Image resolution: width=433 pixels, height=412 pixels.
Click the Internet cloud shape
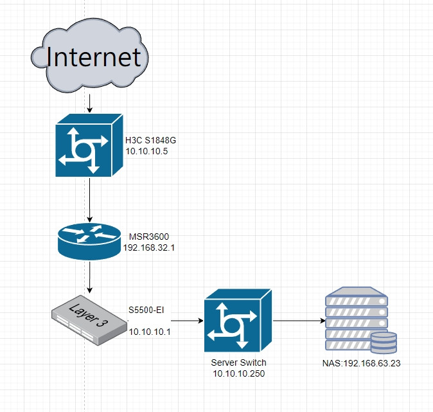89,55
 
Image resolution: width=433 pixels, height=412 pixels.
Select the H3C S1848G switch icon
89,145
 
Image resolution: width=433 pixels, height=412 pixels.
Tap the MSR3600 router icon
89,241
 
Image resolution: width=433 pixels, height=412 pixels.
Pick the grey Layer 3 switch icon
89,320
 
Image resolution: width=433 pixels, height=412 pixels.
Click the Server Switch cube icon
238,321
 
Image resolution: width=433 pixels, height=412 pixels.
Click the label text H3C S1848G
150,140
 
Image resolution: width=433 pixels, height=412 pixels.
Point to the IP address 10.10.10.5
146,152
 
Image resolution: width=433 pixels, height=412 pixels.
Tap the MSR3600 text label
149,237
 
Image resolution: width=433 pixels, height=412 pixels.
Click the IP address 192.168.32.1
149,247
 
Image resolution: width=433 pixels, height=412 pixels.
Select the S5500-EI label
146,310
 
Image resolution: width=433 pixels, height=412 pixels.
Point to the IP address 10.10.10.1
150,332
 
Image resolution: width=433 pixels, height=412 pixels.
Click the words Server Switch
238,363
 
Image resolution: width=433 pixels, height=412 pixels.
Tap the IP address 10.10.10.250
239,373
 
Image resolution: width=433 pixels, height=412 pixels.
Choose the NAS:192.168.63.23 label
362,363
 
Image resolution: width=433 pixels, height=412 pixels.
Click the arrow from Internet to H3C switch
89,103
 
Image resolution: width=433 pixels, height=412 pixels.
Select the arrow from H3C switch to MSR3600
89,200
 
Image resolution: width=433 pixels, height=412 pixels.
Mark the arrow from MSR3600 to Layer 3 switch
89,277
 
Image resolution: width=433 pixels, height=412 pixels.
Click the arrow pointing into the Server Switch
187,321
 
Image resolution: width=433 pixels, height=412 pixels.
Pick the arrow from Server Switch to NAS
299,321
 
